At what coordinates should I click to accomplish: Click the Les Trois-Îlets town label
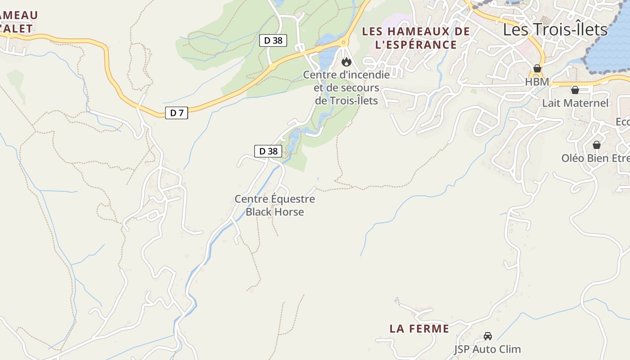click(555, 30)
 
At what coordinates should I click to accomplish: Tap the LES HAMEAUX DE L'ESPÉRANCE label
click(416, 38)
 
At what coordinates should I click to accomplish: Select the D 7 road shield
click(177, 113)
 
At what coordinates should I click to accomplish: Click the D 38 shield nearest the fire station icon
click(273, 40)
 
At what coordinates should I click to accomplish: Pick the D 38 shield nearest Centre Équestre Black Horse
click(269, 151)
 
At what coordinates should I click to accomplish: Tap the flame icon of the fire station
click(346, 62)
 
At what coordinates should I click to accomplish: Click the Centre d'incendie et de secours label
click(346, 87)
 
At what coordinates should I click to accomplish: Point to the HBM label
click(537, 82)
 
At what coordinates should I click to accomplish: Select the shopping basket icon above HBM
click(537, 68)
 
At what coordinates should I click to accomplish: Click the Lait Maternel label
click(575, 103)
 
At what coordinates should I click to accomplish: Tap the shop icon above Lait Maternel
click(575, 90)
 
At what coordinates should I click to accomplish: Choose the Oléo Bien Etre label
click(595, 158)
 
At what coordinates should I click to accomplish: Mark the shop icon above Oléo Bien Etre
click(596, 145)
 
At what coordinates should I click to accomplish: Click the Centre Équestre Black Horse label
click(274, 205)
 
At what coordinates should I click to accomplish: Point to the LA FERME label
click(419, 329)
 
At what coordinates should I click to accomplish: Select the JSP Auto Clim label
click(487, 349)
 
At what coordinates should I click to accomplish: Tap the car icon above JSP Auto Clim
click(487, 336)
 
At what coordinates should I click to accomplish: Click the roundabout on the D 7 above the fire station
click(344, 42)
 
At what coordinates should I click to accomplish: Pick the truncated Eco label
click(623, 122)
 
